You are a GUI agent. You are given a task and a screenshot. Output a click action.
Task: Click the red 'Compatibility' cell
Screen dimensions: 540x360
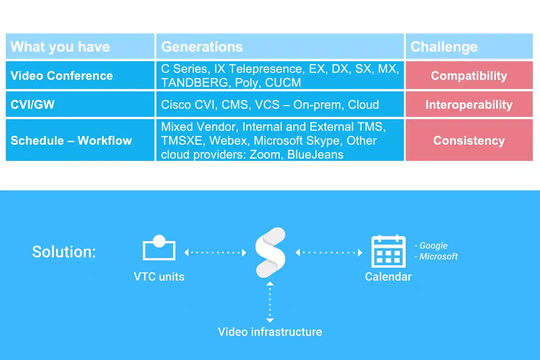pyautogui.click(x=469, y=75)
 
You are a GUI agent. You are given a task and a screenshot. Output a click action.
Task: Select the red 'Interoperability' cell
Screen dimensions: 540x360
pyautogui.click(x=469, y=104)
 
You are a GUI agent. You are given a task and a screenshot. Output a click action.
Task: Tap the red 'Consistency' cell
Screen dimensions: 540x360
pyautogui.click(x=469, y=140)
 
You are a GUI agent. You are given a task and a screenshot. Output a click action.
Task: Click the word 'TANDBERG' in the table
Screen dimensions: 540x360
pyautogui.click(x=195, y=83)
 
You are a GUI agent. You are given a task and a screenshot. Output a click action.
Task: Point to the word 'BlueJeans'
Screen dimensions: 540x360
pyautogui.click(x=315, y=155)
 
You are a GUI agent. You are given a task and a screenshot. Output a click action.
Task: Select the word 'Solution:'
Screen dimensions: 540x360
pyautogui.click(x=64, y=252)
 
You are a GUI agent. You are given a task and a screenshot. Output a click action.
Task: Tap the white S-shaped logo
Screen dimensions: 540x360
pyautogui.click(x=270, y=252)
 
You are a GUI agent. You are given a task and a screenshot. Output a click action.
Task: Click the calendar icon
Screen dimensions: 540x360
pyautogui.click(x=388, y=251)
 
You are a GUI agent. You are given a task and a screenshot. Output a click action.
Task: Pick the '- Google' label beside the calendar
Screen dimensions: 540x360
pyautogui.click(x=431, y=245)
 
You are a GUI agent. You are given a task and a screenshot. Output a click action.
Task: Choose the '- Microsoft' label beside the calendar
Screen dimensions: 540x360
pyautogui.click(x=436, y=256)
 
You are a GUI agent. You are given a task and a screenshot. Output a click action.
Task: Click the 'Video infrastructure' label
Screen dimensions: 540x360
pyautogui.click(x=270, y=332)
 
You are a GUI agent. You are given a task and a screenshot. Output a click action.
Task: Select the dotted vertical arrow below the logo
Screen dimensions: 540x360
pyautogui.click(x=270, y=302)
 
